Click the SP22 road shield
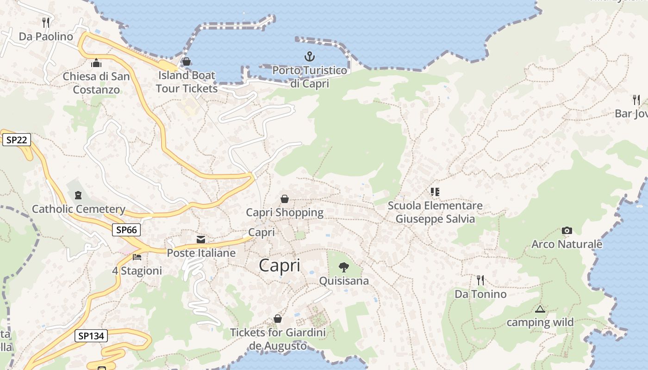click(17, 140)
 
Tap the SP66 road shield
click(126, 229)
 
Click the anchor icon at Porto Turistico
click(309, 57)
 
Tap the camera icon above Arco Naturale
click(567, 230)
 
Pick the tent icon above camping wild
click(540, 309)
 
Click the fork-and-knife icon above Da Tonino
click(480, 280)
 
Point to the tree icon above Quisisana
click(343, 267)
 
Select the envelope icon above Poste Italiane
click(201, 240)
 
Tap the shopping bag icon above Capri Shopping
click(285, 199)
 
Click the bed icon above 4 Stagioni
click(137, 257)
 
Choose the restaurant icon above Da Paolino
click(46, 22)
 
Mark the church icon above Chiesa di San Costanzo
click(96, 62)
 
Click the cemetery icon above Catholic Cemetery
click(78, 195)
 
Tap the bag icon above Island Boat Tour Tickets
click(187, 62)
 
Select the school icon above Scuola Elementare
click(435, 191)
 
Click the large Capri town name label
click(280, 265)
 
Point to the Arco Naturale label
click(567, 244)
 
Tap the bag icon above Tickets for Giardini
click(278, 319)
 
